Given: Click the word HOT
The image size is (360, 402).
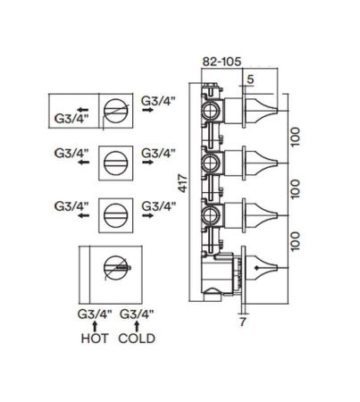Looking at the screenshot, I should (x=94, y=339).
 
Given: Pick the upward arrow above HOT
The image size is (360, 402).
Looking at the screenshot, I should (x=95, y=326).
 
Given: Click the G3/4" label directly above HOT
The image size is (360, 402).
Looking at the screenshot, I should (x=94, y=314).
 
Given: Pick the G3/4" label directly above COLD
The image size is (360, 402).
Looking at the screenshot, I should (x=137, y=314).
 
